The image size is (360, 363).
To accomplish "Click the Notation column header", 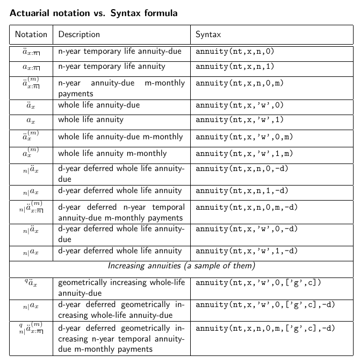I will tap(31, 34).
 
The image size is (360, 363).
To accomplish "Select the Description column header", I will tap(79, 34).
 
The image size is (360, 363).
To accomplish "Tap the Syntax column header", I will tap(208, 34).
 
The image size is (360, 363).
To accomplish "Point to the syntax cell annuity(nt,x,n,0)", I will tap(235, 52).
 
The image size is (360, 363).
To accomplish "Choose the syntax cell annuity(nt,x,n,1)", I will tap(235, 67).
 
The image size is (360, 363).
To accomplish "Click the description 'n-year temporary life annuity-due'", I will tap(119, 52).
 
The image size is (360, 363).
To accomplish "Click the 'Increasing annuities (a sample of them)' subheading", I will tap(181, 266).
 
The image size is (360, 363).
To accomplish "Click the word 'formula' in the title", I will tap(159, 13).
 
